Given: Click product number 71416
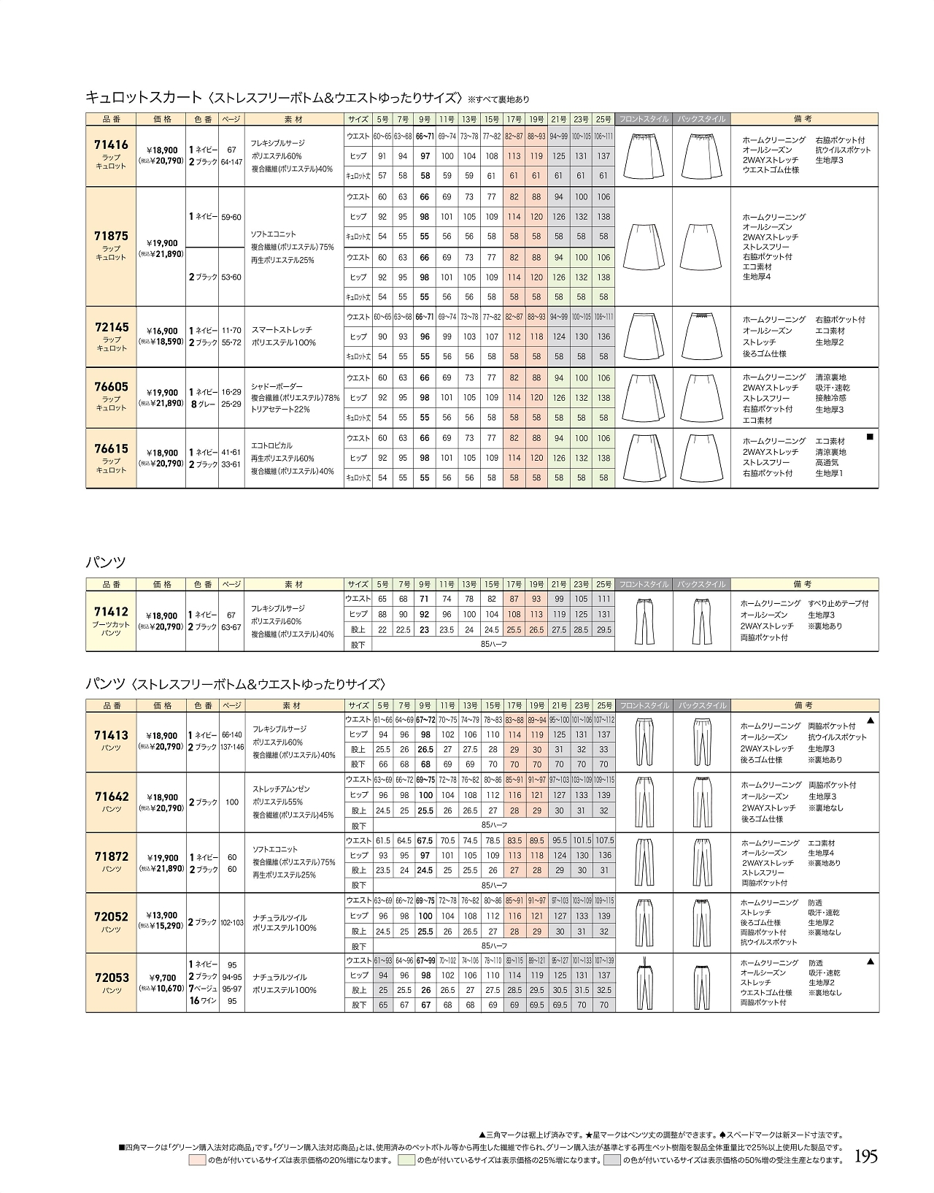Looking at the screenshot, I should tap(111, 145).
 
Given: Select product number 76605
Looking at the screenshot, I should tap(111, 387).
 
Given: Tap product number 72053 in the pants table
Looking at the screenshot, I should tap(111, 978).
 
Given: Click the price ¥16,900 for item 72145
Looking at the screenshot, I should tap(161, 331).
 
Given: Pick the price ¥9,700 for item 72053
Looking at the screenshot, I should tap(162, 978).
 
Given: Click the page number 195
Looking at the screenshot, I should tap(865, 1156).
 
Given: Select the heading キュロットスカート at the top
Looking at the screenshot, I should tap(144, 96).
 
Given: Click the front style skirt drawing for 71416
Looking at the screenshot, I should tap(643, 156).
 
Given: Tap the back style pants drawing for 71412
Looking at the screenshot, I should tap(701, 621).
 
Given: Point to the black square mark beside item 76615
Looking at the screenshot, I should tap(869, 436).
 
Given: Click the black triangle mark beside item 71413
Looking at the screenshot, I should tap(870, 721).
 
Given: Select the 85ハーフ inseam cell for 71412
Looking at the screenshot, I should tap(493, 644).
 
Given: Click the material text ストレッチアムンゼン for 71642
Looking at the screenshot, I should tap(281, 789).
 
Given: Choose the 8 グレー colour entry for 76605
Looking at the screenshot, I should tap(204, 403).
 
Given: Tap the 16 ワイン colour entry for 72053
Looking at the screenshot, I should tap(203, 1001).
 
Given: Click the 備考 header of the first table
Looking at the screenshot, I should tap(803, 119).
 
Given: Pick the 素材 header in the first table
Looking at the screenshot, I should tap(293, 119).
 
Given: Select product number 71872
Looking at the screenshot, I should tap(111, 857).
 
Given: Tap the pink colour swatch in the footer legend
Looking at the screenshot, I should tap(197, 1160).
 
